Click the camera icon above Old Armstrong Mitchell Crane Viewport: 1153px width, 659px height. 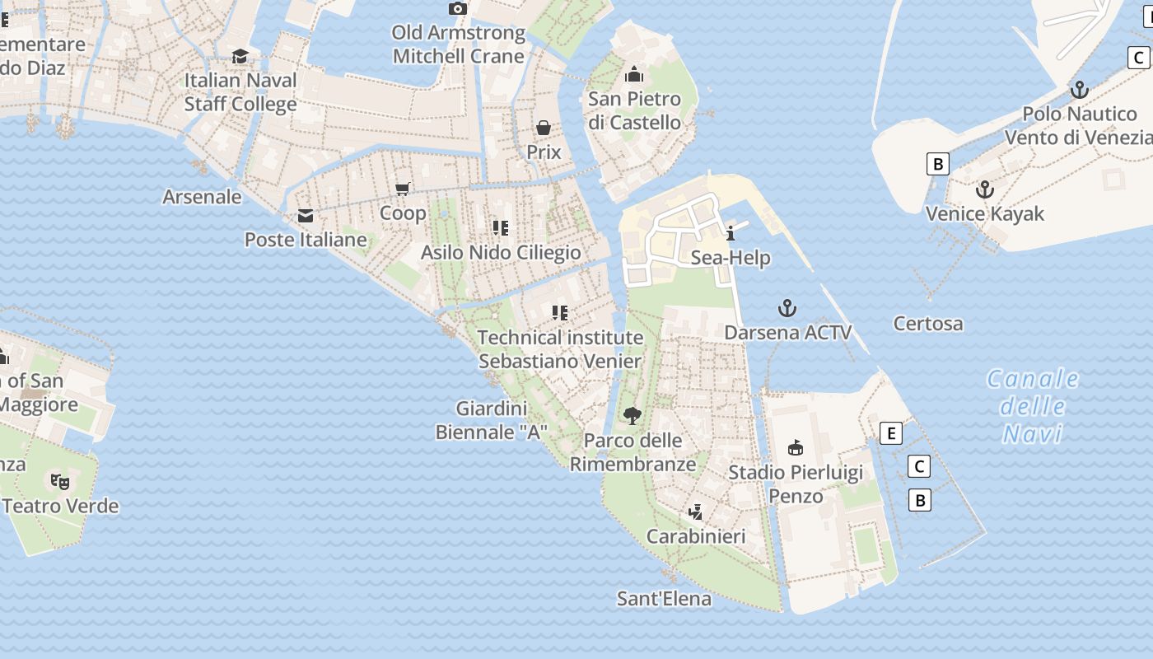pos(458,8)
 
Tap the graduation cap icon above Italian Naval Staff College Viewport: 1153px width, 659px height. pos(240,56)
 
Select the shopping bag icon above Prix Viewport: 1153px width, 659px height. pos(544,128)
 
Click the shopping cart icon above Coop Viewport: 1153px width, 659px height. pos(403,189)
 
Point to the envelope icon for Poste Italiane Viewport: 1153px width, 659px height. pos(306,216)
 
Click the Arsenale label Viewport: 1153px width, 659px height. pos(202,197)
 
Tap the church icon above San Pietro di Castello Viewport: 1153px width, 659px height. pos(634,75)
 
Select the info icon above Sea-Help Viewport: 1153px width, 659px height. pos(731,233)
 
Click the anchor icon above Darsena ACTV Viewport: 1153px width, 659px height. pos(787,308)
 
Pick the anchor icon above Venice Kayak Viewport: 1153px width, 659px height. pos(984,190)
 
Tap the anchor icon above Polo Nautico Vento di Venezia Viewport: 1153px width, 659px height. pos(1079,90)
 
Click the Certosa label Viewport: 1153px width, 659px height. pos(928,324)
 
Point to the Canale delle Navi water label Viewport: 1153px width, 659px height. pos(1033,406)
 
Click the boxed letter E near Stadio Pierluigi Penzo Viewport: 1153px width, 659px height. pos(890,433)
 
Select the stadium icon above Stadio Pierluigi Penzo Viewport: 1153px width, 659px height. pos(796,448)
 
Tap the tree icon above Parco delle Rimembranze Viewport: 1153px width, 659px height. pos(633,415)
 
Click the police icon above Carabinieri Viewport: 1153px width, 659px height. pos(696,512)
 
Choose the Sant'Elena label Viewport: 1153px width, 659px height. pos(664,599)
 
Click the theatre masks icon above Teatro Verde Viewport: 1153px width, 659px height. pos(59,481)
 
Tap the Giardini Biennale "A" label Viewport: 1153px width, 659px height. pos(492,420)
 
